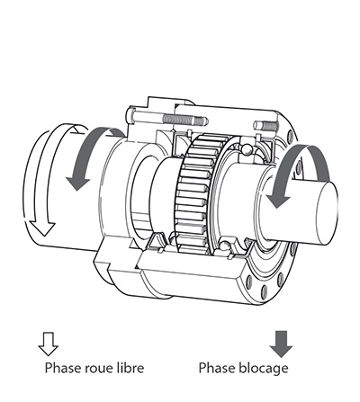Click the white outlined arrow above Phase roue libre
tap(48, 344)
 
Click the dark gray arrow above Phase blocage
tap(281, 344)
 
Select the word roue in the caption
tap(98, 368)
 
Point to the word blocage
tap(264, 369)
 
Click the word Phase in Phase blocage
tap(217, 368)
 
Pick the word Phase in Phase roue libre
tap(63, 368)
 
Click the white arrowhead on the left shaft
tap(43, 228)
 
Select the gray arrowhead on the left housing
tap(78, 183)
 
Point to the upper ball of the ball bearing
tap(247, 149)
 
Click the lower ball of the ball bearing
tap(223, 246)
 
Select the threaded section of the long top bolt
tap(184, 121)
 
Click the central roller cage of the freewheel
tap(195, 193)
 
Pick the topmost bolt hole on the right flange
tap(290, 136)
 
